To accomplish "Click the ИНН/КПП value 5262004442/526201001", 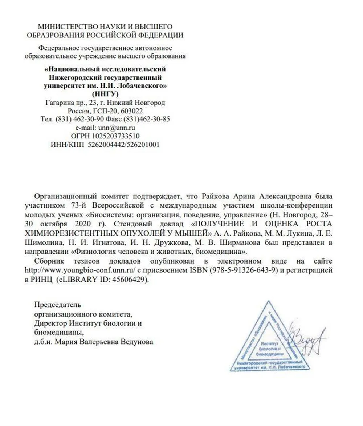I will (x=123, y=144).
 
